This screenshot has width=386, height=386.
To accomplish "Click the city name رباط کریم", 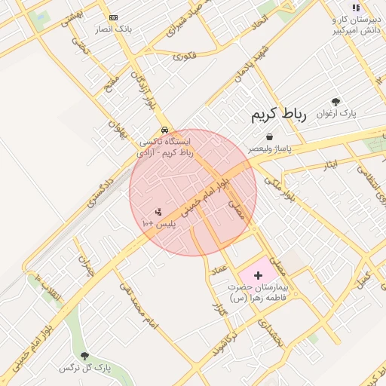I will (x=279, y=115).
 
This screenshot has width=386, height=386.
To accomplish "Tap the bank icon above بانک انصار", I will (x=114, y=17).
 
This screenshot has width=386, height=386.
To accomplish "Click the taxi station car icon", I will (x=164, y=129).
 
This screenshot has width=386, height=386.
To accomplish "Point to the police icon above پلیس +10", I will (x=158, y=212).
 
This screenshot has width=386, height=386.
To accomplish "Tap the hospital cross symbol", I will (x=259, y=276).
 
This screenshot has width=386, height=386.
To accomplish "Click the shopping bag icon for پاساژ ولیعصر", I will (x=269, y=136).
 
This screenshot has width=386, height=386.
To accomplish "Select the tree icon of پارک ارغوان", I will (x=335, y=101).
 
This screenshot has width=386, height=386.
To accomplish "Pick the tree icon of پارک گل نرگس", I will (x=84, y=355).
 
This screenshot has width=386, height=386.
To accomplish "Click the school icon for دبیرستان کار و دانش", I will (x=356, y=8).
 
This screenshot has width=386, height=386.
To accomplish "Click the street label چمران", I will (x=84, y=264).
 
